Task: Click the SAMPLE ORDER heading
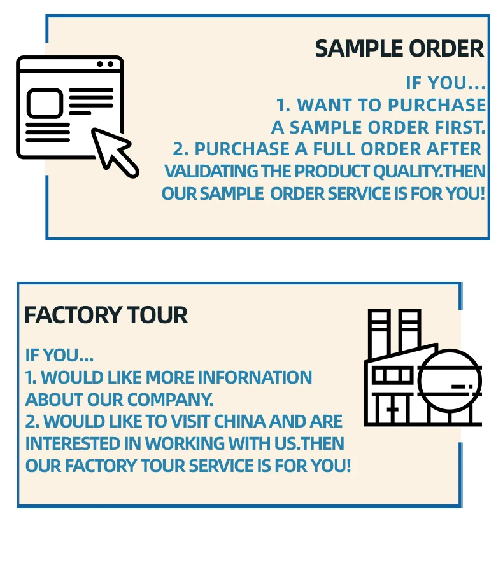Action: click(399, 49)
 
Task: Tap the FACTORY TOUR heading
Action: click(106, 316)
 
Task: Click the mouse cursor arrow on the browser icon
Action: click(115, 151)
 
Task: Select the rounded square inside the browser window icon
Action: click(45, 103)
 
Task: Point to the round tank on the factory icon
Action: click(449, 380)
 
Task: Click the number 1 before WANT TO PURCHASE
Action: click(282, 105)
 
